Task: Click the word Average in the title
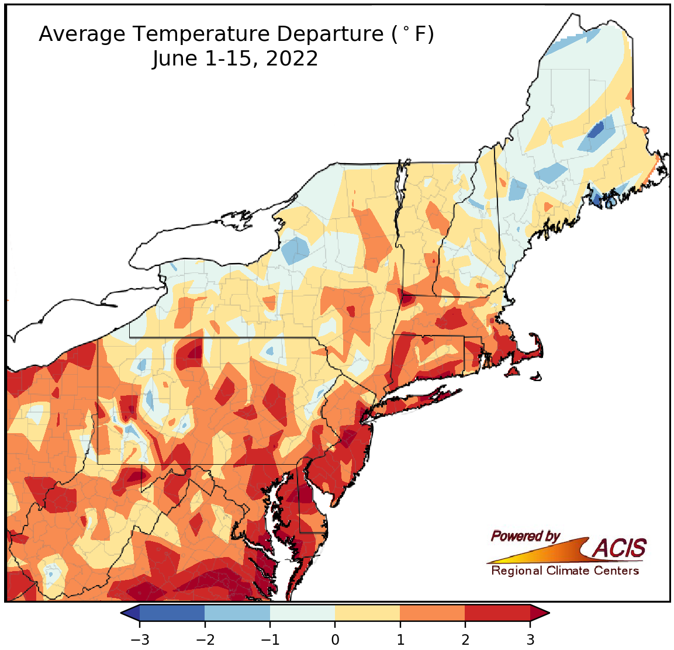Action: tap(82, 35)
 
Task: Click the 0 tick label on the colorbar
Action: tap(335, 639)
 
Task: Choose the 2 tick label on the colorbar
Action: tap(465, 639)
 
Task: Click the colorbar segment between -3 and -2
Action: tap(172, 613)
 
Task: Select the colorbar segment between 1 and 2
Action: tap(432, 613)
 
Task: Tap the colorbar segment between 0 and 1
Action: tap(367, 613)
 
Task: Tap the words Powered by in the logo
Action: tap(525, 536)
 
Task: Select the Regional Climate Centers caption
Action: tap(565, 571)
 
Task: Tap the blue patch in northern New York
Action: tap(296, 251)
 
